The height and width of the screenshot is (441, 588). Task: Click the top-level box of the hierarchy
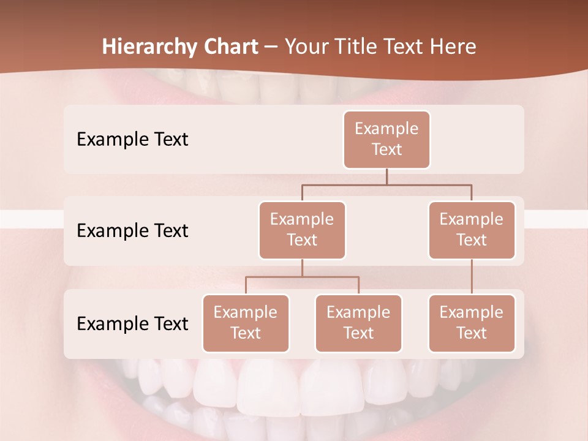[x=386, y=140]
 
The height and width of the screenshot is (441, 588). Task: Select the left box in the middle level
[x=302, y=230]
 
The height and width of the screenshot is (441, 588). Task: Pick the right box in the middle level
[x=472, y=230]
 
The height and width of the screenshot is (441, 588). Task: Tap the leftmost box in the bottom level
[x=246, y=323]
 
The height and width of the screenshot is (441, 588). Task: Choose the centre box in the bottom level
[x=358, y=323]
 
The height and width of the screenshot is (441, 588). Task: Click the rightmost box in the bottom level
[x=472, y=323]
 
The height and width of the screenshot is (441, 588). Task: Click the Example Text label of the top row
[x=132, y=140]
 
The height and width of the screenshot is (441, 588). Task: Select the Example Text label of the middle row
[x=132, y=231]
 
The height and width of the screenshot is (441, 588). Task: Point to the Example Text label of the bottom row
[x=132, y=323]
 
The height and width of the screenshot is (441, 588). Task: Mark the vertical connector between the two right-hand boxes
[x=472, y=277]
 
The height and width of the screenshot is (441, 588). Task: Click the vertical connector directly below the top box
[x=386, y=176]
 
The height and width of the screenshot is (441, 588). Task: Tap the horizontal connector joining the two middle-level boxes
[x=386, y=184]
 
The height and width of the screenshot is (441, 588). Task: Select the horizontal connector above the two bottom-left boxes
[x=302, y=277]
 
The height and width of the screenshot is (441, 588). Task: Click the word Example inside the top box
[x=386, y=129]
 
